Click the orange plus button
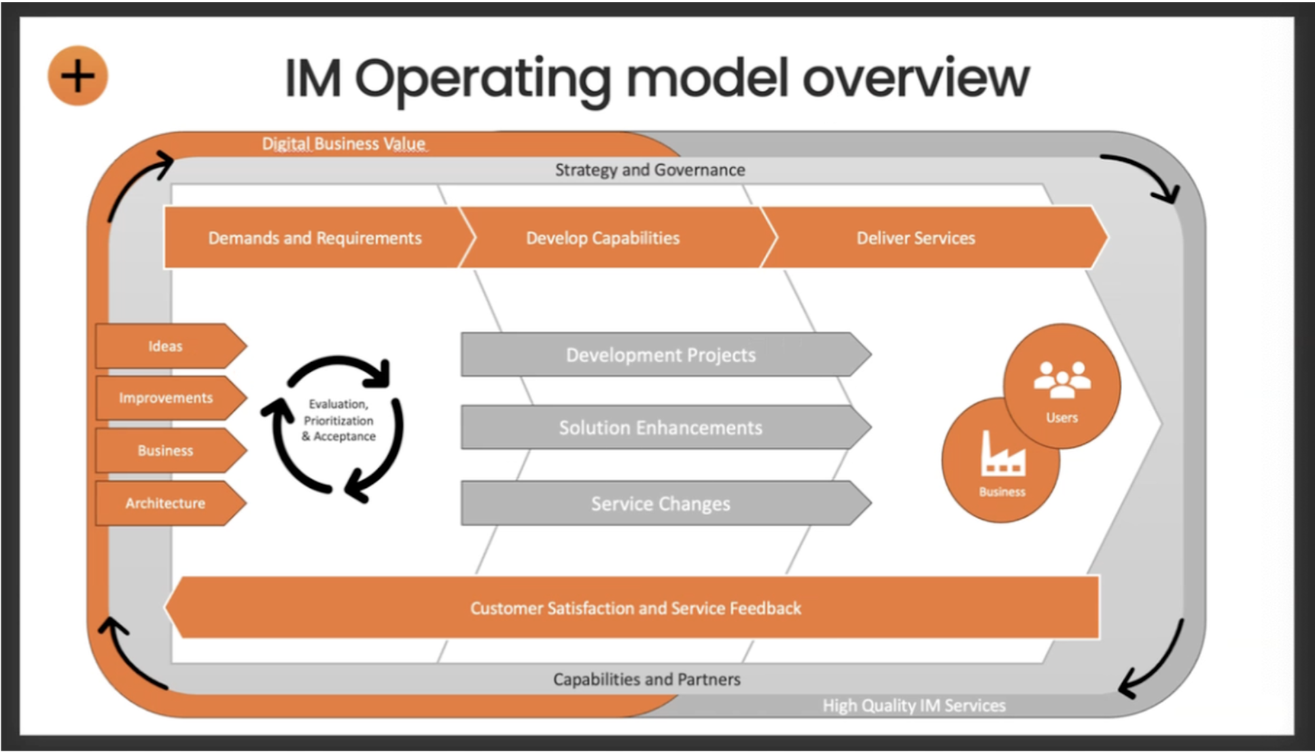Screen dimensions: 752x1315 pos(77,76)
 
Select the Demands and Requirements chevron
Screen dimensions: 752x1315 pos(315,238)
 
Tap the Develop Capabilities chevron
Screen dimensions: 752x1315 pos(603,238)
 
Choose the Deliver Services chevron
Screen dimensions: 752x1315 pos(915,238)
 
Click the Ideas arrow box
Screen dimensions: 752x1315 pos(166,346)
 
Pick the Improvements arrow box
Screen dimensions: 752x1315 pos(166,398)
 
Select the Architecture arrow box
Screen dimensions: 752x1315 pos(166,503)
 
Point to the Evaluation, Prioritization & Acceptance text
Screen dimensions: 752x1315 pos(338,420)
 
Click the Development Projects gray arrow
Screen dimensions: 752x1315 pos(661,355)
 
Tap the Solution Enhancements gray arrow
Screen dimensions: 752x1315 pos(661,428)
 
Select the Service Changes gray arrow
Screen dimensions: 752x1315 pos(661,504)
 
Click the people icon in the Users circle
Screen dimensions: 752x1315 pos(1062,379)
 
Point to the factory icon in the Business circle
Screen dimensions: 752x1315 pos(1002,454)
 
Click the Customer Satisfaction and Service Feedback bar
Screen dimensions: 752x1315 pos(635,608)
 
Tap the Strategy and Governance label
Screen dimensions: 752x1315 pos(650,170)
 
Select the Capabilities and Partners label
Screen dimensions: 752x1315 pos(646,679)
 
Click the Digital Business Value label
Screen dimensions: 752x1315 pos(343,144)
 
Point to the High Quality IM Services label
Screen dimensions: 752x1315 pos(914,706)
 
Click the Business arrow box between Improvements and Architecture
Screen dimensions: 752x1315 pos(166,451)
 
